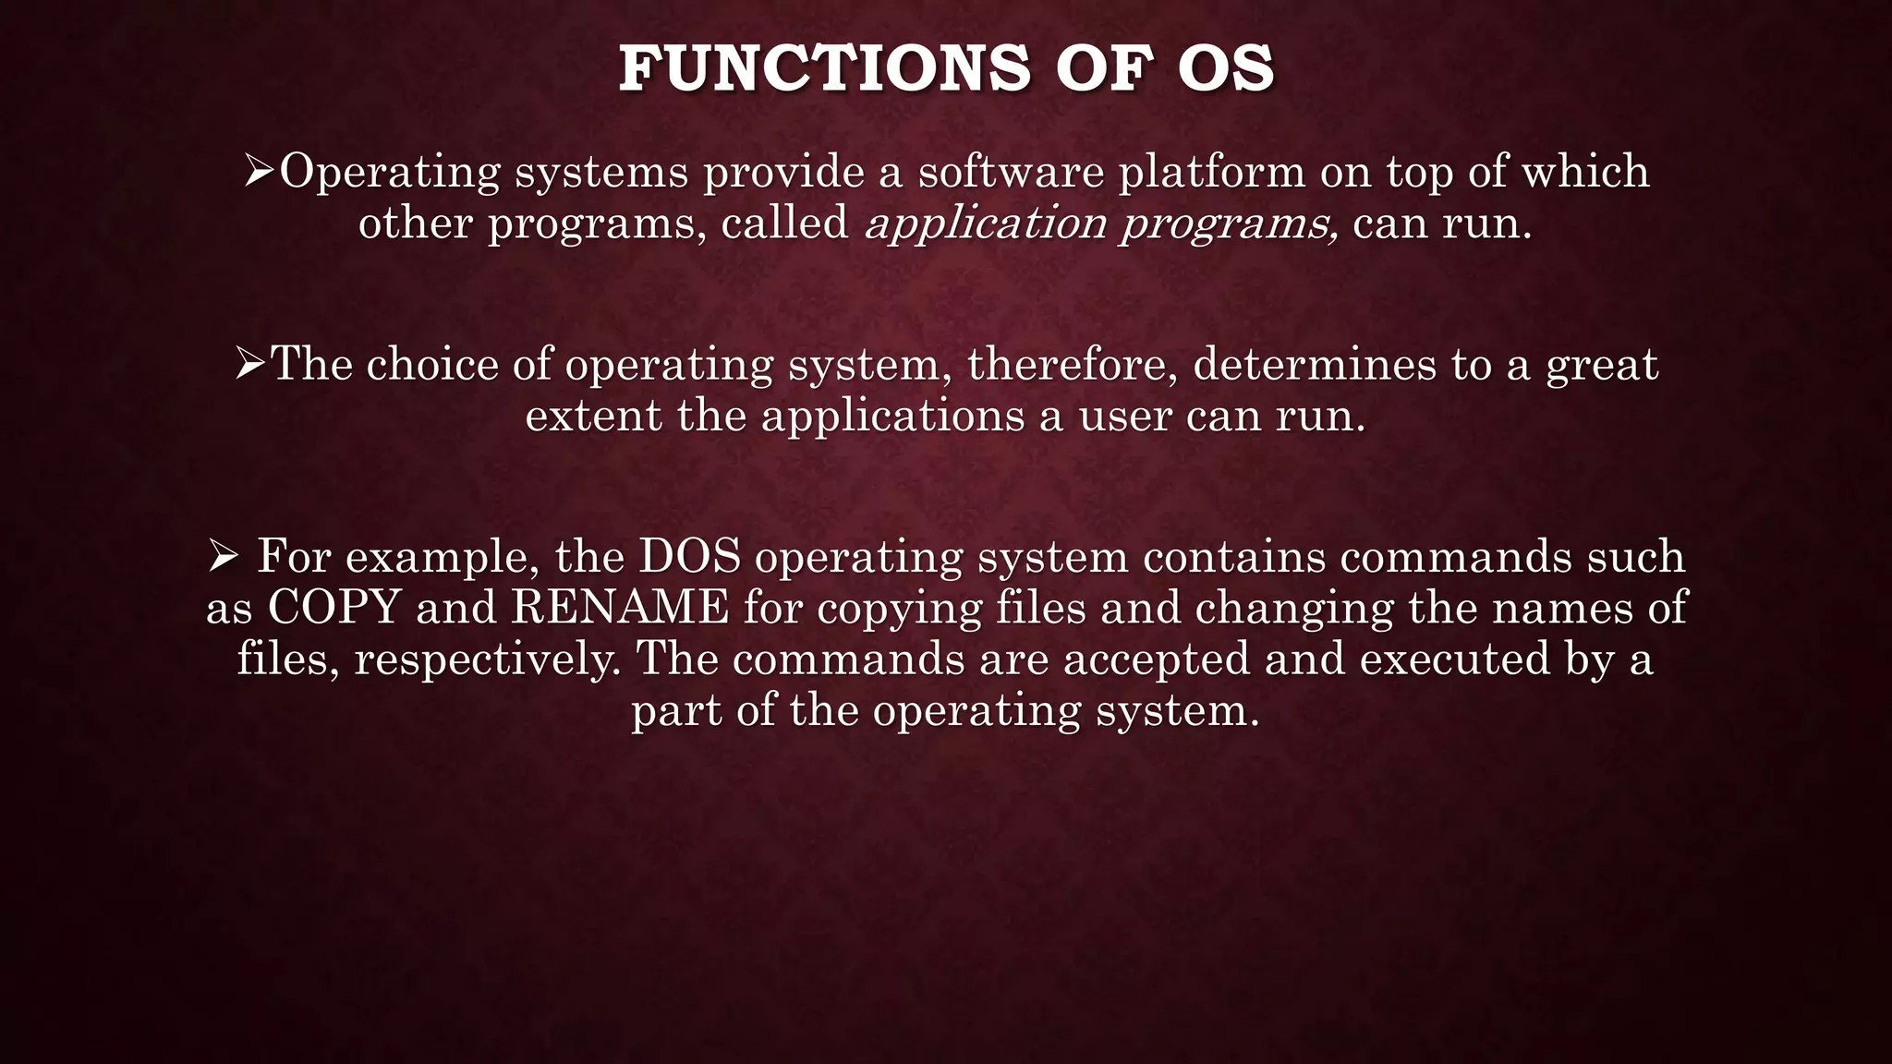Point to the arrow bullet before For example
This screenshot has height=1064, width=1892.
[224, 557]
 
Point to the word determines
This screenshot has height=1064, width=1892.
[1315, 365]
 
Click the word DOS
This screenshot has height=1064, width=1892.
[690, 557]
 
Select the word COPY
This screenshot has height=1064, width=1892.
[334, 609]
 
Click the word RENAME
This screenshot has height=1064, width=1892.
[620, 609]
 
